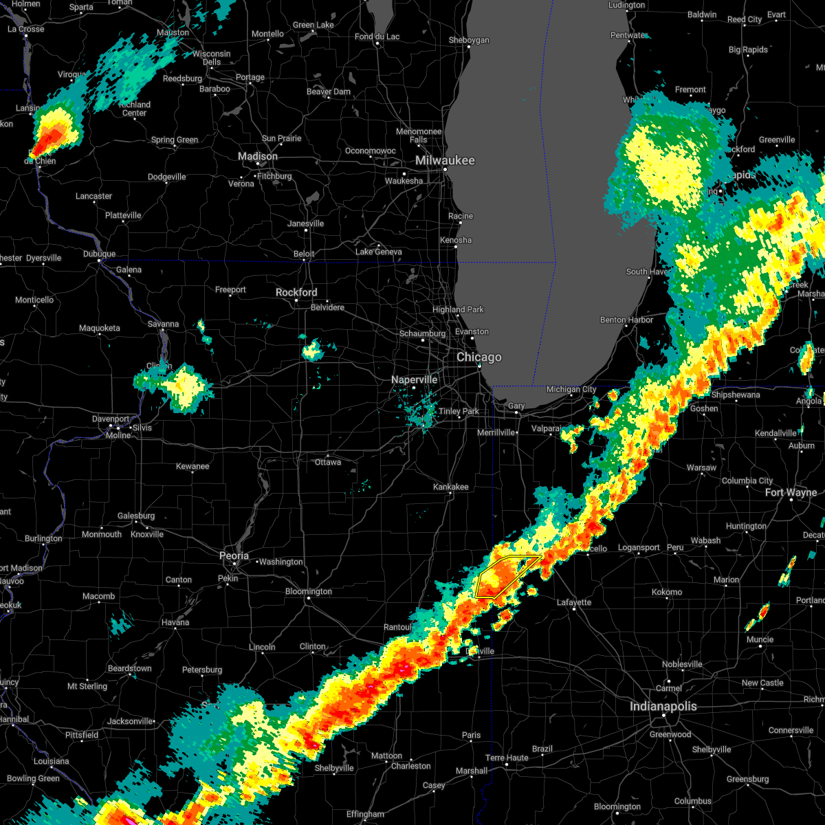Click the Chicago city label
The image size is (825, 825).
click(x=479, y=357)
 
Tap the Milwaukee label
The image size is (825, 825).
click(x=444, y=160)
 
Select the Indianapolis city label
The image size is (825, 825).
click(x=663, y=706)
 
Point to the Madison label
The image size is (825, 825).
click(x=258, y=157)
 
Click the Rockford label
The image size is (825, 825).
click(x=296, y=292)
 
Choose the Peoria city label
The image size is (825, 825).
click(x=234, y=555)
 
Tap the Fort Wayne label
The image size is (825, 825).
click(x=791, y=492)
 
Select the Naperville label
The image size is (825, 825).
click(x=414, y=379)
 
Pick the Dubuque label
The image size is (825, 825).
click(x=99, y=254)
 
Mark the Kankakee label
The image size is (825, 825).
click(x=451, y=487)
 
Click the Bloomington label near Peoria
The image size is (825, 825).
click(x=309, y=591)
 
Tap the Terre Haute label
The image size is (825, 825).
click(x=507, y=758)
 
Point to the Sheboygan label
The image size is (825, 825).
click(x=469, y=41)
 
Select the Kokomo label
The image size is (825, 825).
click(x=667, y=592)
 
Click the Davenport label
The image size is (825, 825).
click(x=111, y=419)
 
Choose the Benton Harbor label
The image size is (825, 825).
click(x=626, y=320)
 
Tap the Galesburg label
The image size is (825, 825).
click(x=136, y=516)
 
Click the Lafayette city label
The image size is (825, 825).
click(x=574, y=602)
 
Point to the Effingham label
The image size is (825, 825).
click(x=365, y=814)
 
